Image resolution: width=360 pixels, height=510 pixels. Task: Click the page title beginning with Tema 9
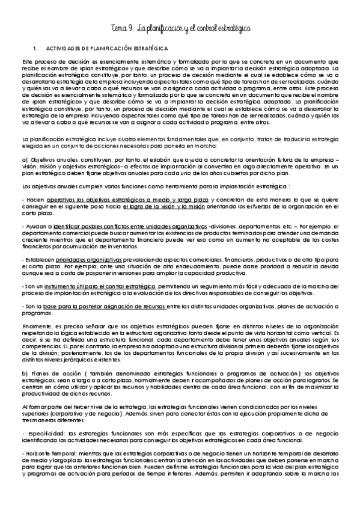pos(180,28)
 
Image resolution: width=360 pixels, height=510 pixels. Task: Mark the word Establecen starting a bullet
pos(38,260)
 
